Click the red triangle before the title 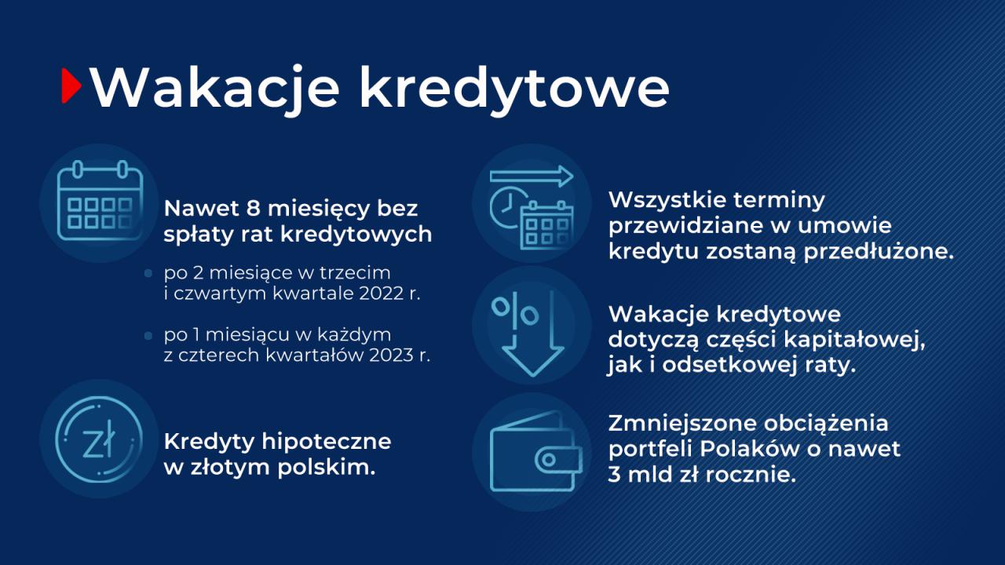click(x=71, y=86)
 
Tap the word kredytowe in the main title click(x=514, y=89)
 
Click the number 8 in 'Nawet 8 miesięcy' click(x=253, y=209)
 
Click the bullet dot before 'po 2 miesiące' click(x=148, y=273)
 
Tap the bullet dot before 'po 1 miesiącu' click(x=148, y=335)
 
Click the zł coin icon click(x=99, y=439)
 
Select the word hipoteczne click(x=326, y=442)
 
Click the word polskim click(x=326, y=467)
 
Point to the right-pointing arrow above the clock click(x=532, y=177)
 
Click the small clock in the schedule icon click(x=507, y=208)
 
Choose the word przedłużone click(x=878, y=252)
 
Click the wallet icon click(x=536, y=451)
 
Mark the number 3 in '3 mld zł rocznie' click(x=614, y=475)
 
